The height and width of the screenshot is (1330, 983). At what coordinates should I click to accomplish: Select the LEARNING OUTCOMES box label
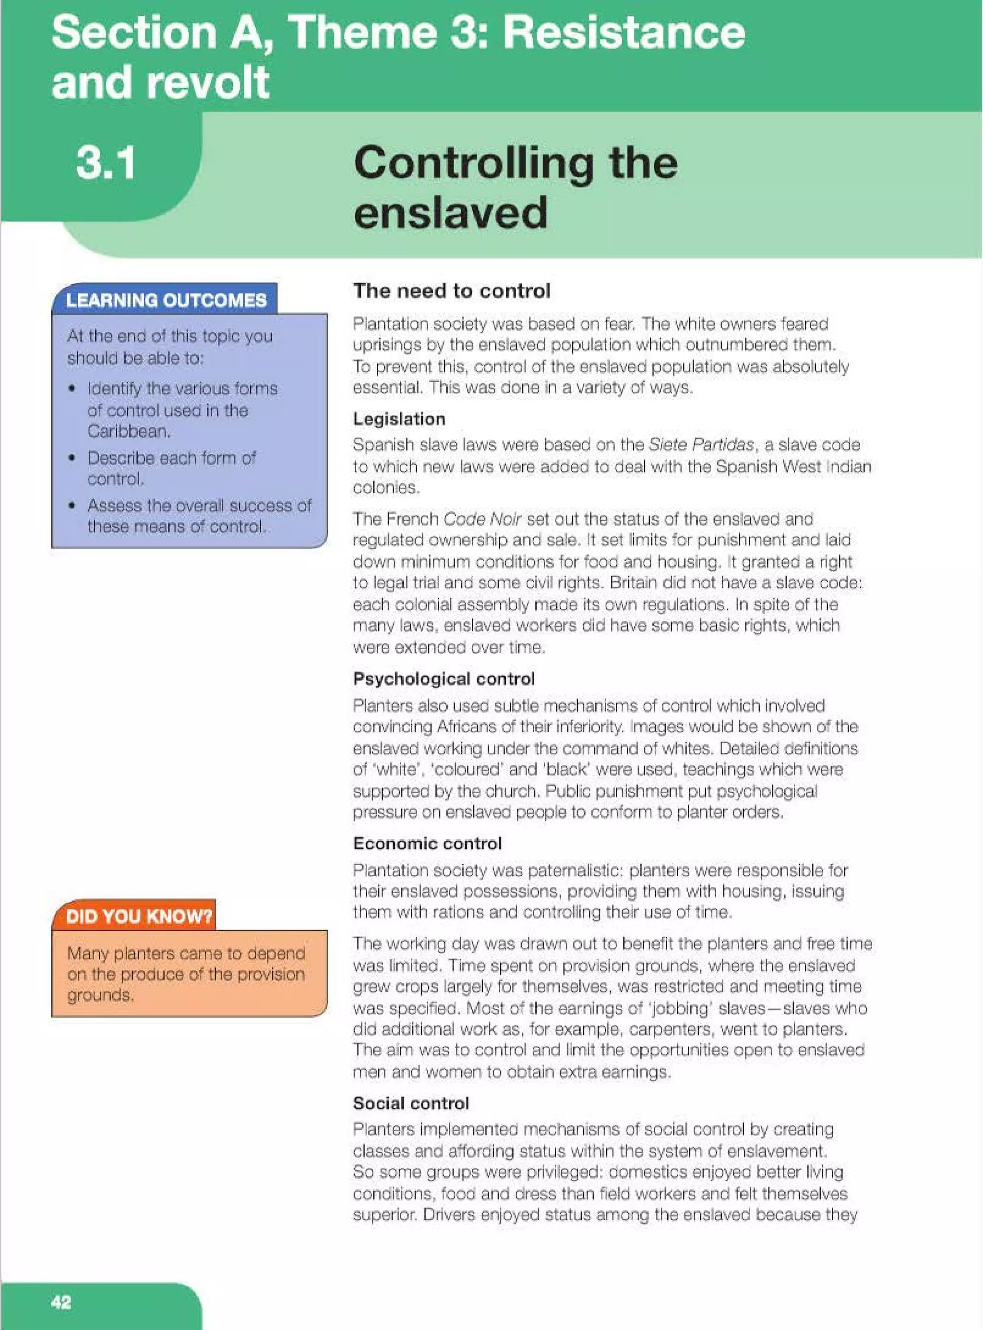(x=166, y=300)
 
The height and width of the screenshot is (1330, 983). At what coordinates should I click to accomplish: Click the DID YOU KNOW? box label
(x=139, y=915)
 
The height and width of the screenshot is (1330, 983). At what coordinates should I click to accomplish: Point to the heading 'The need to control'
(x=452, y=291)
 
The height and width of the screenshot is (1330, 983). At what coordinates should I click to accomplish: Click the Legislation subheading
(x=399, y=419)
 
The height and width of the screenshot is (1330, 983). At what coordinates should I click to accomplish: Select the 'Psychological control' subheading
(x=444, y=678)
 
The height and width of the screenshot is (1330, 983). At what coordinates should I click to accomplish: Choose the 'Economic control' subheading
(x=427, y=843)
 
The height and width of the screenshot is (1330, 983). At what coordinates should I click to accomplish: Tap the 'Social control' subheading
(x=410, y=1103)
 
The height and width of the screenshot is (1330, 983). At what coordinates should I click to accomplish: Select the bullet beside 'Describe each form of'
(x=72, y=458)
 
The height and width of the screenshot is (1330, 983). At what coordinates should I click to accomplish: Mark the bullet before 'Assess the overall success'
(x=72, y=506)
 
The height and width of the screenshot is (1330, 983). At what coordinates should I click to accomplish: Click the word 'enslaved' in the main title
(x=450, y=212)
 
